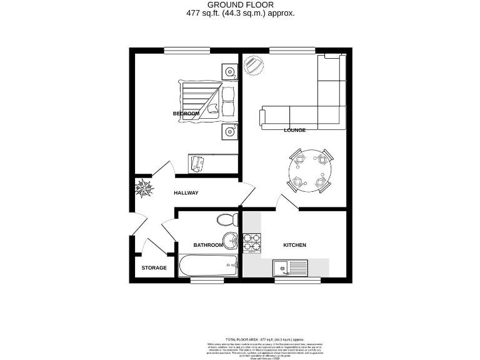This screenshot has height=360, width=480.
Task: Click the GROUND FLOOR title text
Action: point(240,5)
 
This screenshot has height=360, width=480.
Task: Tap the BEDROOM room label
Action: point(186,113)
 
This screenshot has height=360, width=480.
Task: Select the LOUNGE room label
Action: point(294,130)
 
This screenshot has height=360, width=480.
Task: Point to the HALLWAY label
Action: point(186,193)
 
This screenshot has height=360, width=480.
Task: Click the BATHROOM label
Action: point(207,245)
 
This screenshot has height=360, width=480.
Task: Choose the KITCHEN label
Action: point(294,245)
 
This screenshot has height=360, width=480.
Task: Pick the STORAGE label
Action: point(154,268)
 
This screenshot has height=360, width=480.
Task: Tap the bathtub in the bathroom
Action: point(208,266)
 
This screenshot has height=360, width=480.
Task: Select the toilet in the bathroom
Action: point(226,219)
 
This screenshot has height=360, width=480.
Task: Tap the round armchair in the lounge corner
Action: point(253,65)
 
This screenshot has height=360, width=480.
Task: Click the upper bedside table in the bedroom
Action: point(230,72)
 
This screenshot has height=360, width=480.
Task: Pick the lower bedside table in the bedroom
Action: point(230,132)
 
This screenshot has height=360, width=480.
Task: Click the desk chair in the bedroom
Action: point(199,163)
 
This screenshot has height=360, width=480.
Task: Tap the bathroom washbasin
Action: point(229,239)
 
